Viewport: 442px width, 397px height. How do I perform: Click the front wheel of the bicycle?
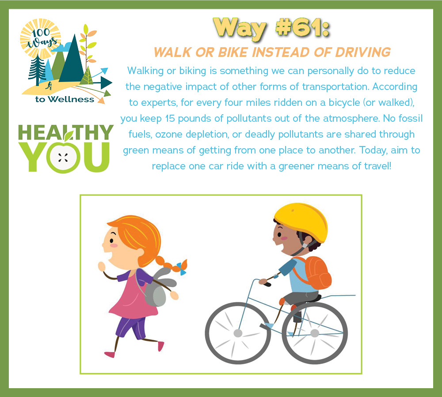tap(238, 333)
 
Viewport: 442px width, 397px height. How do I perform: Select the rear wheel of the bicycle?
tap(315, 333)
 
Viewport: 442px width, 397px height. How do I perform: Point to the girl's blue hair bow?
tap(181, 268)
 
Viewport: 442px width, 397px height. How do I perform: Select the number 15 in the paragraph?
tap(170, 119)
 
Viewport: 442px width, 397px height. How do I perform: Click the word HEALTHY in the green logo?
tap(66, 132)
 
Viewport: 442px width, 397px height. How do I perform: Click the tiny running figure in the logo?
tap(49, 86)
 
